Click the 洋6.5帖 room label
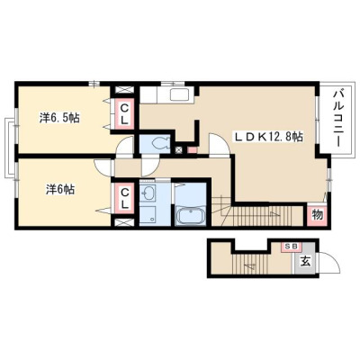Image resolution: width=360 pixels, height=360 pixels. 59,118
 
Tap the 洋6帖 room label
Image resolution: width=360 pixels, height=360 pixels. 60,190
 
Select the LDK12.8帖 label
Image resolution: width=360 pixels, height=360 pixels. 267,137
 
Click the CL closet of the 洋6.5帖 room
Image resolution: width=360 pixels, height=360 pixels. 124,114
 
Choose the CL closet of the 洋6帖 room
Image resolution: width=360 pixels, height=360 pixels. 125,198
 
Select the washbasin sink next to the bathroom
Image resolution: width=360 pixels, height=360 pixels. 148,193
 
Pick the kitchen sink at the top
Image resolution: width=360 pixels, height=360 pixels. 179,94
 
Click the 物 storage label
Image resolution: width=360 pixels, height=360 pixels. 318,214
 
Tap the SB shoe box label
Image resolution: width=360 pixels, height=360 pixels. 291,247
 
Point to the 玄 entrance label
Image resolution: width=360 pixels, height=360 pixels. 305,262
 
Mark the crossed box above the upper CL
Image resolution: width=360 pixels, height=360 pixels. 124,90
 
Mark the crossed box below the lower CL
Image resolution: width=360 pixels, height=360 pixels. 124,222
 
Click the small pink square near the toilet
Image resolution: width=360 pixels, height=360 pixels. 192,149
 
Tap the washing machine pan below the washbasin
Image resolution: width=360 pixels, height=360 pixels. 148,215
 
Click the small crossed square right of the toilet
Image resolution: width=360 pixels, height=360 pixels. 179,150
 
